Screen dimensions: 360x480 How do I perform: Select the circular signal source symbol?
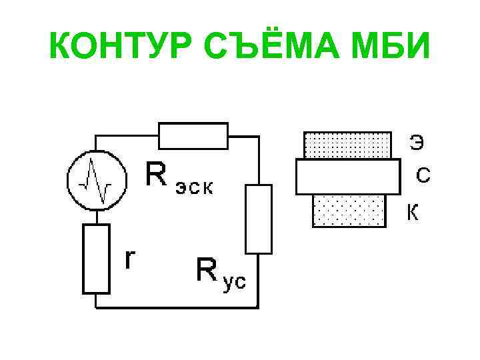(96, 180)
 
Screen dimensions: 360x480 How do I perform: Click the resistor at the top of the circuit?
(193, 136)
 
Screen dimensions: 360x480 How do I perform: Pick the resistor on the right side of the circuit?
(258, 219)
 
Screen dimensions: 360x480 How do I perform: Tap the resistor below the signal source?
(96, 259)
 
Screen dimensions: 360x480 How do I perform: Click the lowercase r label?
(132, 259)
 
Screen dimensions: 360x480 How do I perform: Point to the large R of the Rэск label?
(157, 176)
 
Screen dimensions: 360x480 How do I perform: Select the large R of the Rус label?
(207, 271)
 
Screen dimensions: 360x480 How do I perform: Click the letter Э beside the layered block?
(416, 142)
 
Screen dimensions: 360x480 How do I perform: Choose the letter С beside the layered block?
(423, 175)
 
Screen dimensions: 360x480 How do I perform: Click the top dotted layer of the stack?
(347, 145)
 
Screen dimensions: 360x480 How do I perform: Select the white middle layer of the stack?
(347, 176)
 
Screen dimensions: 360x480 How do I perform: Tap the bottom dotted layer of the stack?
(349, 210)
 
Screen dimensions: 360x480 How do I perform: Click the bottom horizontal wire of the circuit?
(177, 307)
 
